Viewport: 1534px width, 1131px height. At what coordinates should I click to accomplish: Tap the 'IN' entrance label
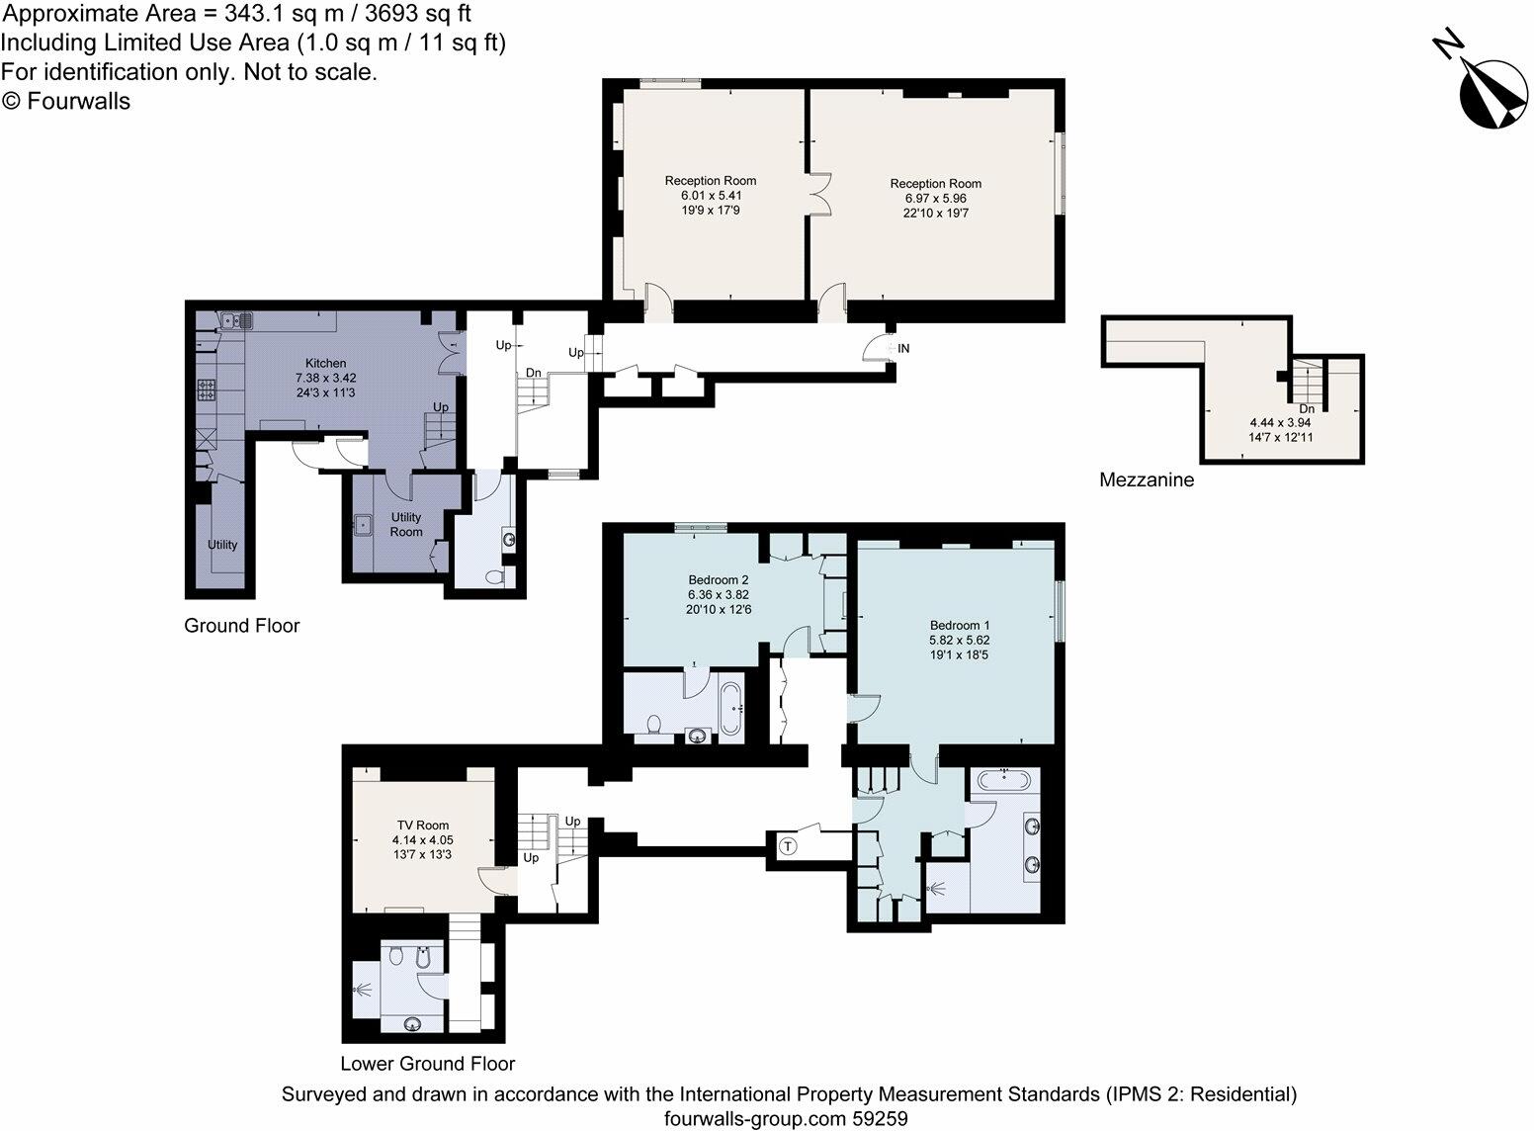pyautogui.click(x=903, y=348)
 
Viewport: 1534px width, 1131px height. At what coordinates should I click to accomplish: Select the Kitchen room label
pyautogui.click(x=325, y=364)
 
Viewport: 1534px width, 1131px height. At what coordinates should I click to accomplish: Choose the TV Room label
pyautogui.click(x=422, y=826)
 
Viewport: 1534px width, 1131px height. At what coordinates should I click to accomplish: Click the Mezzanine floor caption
pyautogui.click(x=1147, y=480)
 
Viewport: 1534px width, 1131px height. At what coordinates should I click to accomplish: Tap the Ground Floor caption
pyautogui.click(x=242, y=626)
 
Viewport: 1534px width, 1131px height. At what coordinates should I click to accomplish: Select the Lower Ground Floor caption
pyautogui.click(x=428, y=1064)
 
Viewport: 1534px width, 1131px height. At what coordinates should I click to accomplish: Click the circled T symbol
pyautogui.click(x=789, y=846)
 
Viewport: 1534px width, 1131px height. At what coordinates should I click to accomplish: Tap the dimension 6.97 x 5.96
pyautogui.click(x=935, y=198)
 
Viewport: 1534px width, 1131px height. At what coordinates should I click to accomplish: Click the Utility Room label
pyautogui.click(x=406, y=524)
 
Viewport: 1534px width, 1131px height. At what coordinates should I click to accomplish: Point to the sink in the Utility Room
pyautogui.click(x=362, y=524)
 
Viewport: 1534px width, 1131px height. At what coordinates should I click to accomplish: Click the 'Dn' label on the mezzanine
pyautogui.click(x=1307, y=407)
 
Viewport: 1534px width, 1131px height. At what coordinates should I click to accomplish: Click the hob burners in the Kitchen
pyautogui.click(x=208, y=390)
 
